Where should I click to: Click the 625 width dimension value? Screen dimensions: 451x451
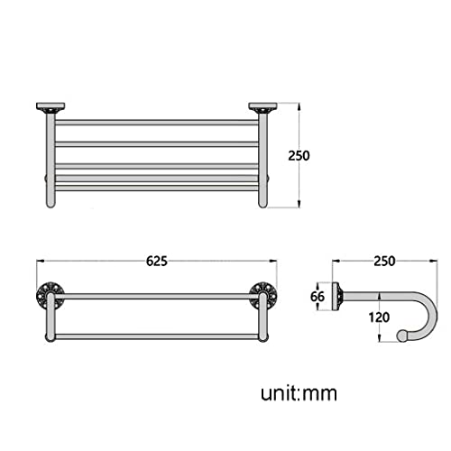156,262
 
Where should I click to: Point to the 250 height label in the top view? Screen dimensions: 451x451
299,155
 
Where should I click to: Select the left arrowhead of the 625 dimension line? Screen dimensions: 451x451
40,262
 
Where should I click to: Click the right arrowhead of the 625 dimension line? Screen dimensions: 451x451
272,262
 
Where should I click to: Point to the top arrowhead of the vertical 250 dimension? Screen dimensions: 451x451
299,106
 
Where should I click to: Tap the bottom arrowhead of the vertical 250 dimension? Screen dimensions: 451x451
299,206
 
